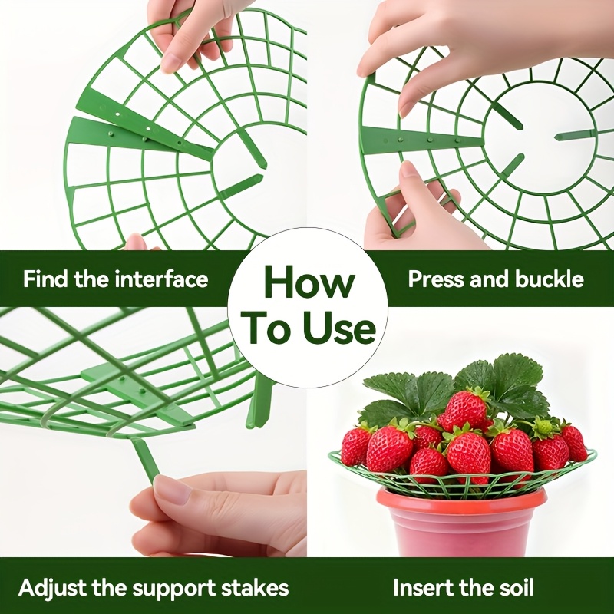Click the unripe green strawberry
[x=543, y=428]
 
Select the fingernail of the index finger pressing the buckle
[x=408, y=105]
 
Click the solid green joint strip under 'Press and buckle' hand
[x=421, y=140]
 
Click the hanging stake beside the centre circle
[x=257, y=399]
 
